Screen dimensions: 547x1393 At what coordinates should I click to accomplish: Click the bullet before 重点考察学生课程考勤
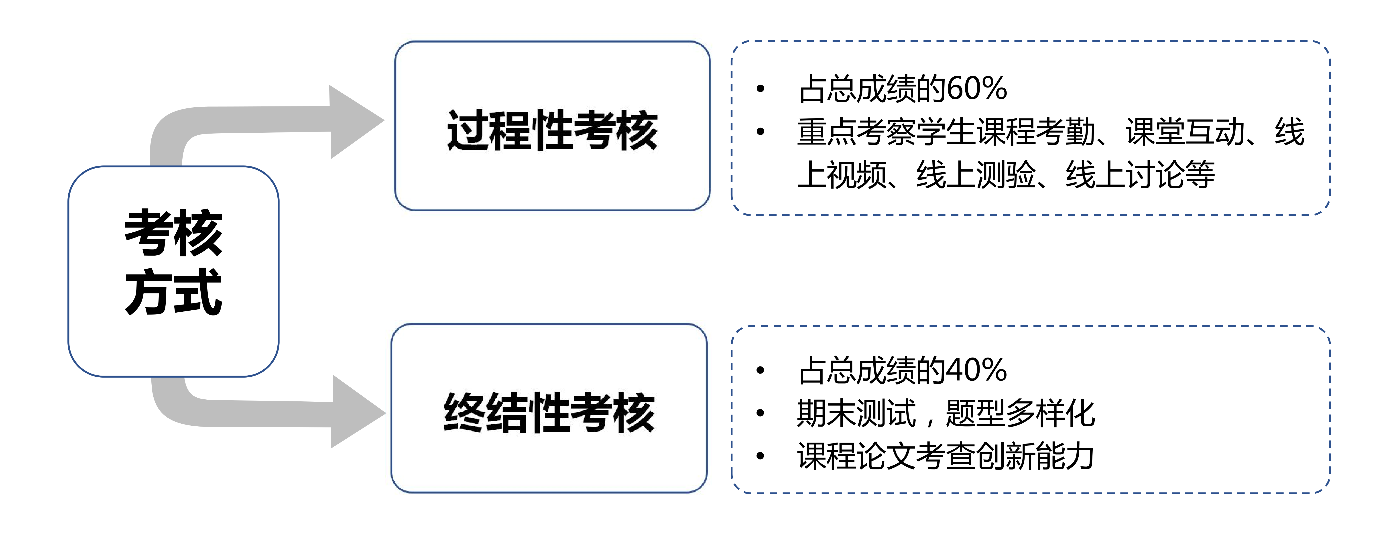760,131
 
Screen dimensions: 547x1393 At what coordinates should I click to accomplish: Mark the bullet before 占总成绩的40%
760,370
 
